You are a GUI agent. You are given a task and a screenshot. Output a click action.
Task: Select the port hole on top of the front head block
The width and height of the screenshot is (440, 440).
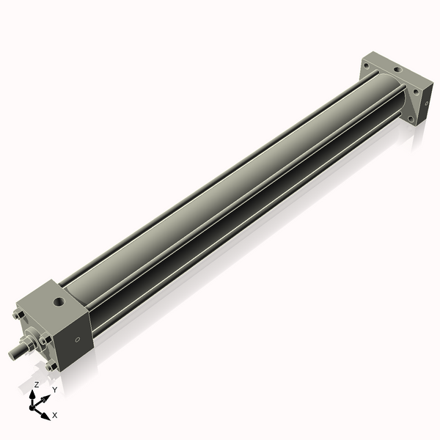58,301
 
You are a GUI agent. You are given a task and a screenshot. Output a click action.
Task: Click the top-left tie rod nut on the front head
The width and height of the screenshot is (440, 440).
18,315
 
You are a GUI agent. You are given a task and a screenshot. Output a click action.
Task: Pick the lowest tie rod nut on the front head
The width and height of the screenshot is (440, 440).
49,366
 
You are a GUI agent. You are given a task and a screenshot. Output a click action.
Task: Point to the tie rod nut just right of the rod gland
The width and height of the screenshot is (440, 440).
45,340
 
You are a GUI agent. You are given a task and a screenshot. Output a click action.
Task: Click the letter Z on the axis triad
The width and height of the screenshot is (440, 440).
36,384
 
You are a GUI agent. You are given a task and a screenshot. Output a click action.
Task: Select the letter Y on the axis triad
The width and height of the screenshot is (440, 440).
54,389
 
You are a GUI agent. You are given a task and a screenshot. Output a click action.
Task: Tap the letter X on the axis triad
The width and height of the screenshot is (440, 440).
55,415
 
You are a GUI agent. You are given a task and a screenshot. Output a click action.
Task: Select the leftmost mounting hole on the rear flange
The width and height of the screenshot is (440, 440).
365,66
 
